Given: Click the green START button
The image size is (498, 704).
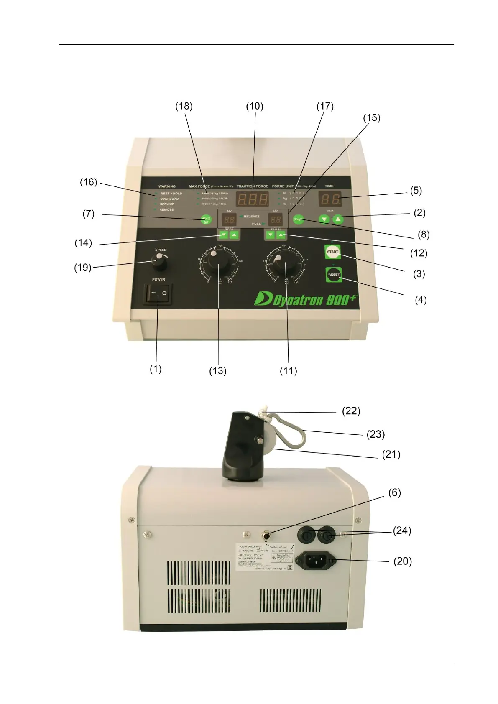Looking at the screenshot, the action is pyautogui.click(x=332, y=252).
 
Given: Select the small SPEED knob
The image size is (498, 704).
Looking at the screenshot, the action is pyautogui.click(x=159, y=263).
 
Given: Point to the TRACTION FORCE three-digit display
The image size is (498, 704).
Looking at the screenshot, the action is pyautogui.click(x=252, y=199).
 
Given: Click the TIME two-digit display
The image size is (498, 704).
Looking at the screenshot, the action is pyautogui.click(x=329, y=199).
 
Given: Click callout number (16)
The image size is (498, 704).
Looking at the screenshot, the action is pyautogui.click(x=88, y=182).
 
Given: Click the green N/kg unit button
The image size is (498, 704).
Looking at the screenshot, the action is pyautogui.click(x=298, y=219).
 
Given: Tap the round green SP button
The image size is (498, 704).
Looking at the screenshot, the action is pyautogui.click(x=206, y=219).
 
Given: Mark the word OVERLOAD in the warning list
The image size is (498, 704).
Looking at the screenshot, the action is pyautogui.click(x=169, y=199).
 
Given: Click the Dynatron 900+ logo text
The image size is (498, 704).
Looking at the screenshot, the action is pyautogui.click(x=306, y=299).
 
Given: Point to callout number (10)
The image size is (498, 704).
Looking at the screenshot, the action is pyautogui.click(x=254, y=107).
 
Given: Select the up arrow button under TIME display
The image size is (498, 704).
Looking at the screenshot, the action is pyautogui.click(x=338, y=219).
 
